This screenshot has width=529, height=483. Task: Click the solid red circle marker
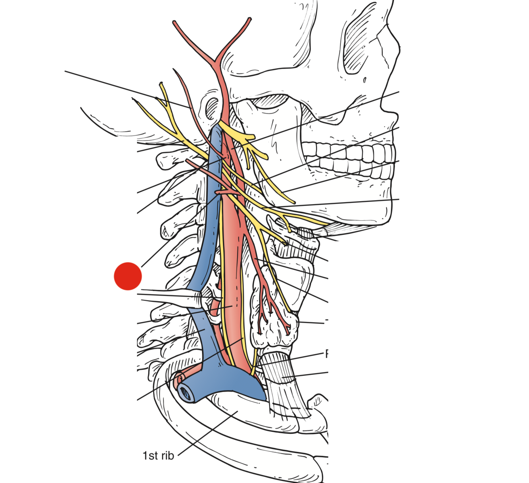(128, 276)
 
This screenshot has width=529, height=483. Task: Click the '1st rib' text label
(158, 456)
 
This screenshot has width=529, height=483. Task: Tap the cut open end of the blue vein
(186, 392)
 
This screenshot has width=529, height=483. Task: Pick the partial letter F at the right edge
(327, 354)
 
